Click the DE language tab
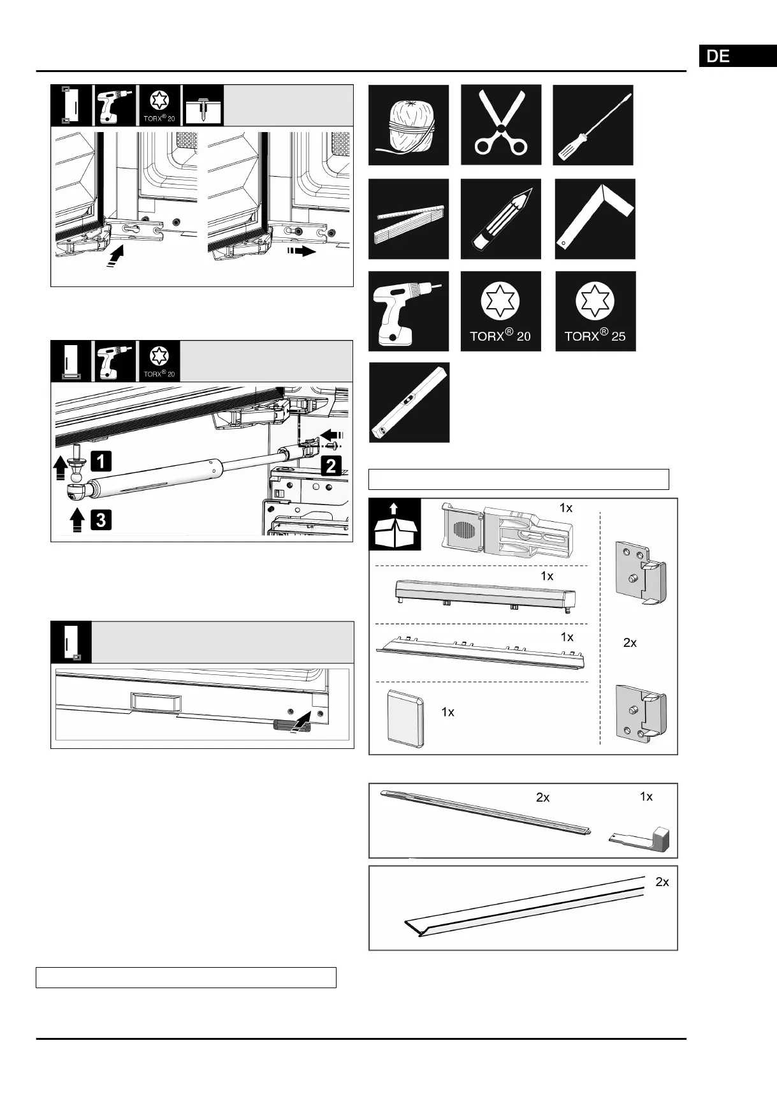coord(737,56)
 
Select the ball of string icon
coord(409,125)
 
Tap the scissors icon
coord(501,125)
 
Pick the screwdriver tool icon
coord(593,125)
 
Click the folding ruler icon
coord(409,219)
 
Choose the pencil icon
coord(501,219)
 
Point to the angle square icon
coord(595,219)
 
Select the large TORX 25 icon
coord(595,311)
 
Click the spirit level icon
coord(409,403)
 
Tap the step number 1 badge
coord(101,461)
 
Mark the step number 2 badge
coord(331,466)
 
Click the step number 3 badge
coord(101,521)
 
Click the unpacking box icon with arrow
coord(395,524)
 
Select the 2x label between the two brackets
coord(630,643)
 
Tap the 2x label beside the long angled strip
coord(662,882)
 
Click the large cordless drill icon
coord(409,311)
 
